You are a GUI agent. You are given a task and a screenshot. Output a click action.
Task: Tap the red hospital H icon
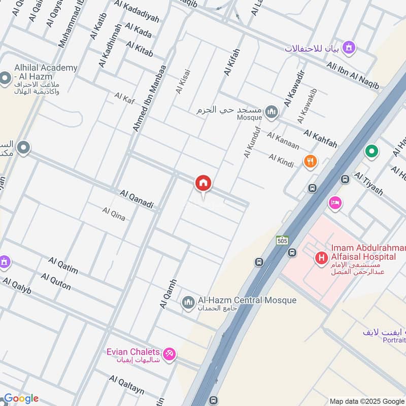coord(321,258)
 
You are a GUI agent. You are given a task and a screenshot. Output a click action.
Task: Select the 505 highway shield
coord(283,241)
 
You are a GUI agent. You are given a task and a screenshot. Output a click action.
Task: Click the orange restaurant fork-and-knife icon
coord(310,162)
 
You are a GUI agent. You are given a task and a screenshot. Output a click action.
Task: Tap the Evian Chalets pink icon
coord(170,354)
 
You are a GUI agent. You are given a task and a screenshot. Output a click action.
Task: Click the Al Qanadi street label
coord(137,200)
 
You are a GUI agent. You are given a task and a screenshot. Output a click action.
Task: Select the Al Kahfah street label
coord(320,139)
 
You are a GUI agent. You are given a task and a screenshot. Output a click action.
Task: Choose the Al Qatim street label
coord(63,265)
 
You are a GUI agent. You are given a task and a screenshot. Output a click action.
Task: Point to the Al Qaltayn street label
coord(126,385)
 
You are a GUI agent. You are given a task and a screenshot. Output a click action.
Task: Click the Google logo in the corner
coord(20,398)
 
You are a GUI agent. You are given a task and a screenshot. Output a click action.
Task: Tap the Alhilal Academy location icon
coord(6,79)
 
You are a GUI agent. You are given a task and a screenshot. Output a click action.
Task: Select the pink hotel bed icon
coord(335,203)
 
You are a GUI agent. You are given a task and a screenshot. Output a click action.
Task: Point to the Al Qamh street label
coord(168,293)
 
